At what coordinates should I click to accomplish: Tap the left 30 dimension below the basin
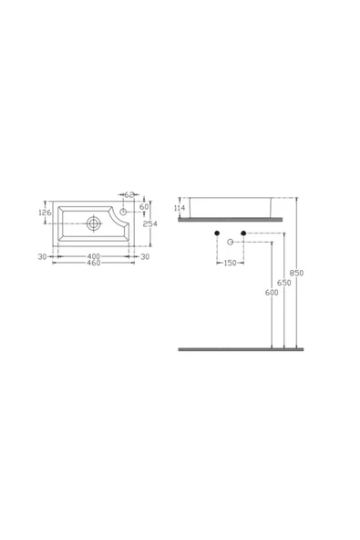(x=43, y=256)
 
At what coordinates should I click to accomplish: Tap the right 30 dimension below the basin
(x=145, y=256)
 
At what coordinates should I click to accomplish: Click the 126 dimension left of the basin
(x=44, y=213)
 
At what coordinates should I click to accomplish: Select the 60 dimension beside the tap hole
(x=143, y=206)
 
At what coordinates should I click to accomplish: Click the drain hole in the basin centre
(x=94, y=223)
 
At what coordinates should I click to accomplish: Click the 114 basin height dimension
(x=179, y=208)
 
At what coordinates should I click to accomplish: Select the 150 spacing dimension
(x=230, y=263)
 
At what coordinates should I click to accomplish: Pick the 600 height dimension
(x=272, y=292)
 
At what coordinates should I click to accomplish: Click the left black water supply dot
(x=217, y=234)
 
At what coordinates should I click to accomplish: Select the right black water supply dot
(x=243, y=234)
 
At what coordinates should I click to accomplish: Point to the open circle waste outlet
(x=231, y=243)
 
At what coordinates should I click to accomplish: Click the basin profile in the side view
(x=236, y=207)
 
